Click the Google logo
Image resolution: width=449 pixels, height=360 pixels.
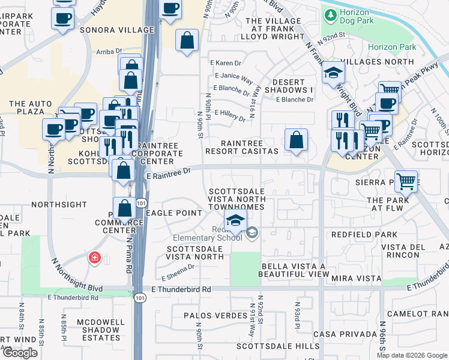(20, 353)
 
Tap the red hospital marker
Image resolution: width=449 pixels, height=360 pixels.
(94, 258)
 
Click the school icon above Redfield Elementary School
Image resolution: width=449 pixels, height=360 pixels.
(236, 220)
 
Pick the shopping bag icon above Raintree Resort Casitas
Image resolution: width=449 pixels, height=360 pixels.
(296, 140)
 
